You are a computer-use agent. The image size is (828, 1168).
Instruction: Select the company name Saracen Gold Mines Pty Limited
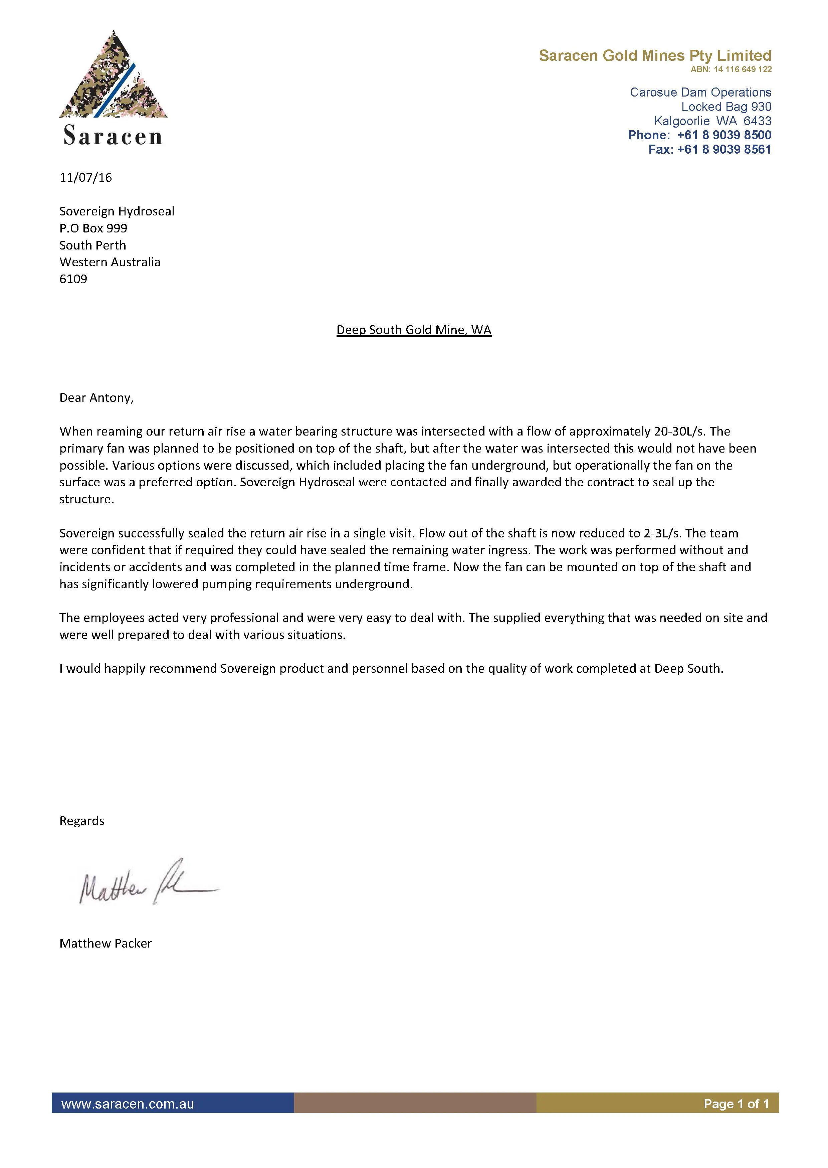(x=655, y=55)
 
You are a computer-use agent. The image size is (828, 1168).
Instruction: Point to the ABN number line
(x=731, y=69)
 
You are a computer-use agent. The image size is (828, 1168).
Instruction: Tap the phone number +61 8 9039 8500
(x=723, y=135)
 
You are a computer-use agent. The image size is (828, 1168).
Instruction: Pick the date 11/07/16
(x=86, y=177)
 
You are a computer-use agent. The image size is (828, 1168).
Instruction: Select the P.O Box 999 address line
(x=93, y=228)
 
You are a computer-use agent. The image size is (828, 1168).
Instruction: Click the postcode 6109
(x=73, y=279)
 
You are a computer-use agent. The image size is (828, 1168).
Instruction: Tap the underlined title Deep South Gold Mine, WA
(x=413, y=330)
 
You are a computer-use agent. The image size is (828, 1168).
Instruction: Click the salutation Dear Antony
(x=96, y=398)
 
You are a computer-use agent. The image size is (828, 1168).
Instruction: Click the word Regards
(x=81, y=821)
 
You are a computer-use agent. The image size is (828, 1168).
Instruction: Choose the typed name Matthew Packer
(x=106, y=944)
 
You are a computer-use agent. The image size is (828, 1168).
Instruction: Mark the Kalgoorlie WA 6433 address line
(x=712, y=121)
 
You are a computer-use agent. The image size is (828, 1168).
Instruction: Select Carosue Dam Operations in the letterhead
(x=700, y=92)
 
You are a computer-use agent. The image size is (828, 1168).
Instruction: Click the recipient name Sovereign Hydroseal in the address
(x=117, y=211)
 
